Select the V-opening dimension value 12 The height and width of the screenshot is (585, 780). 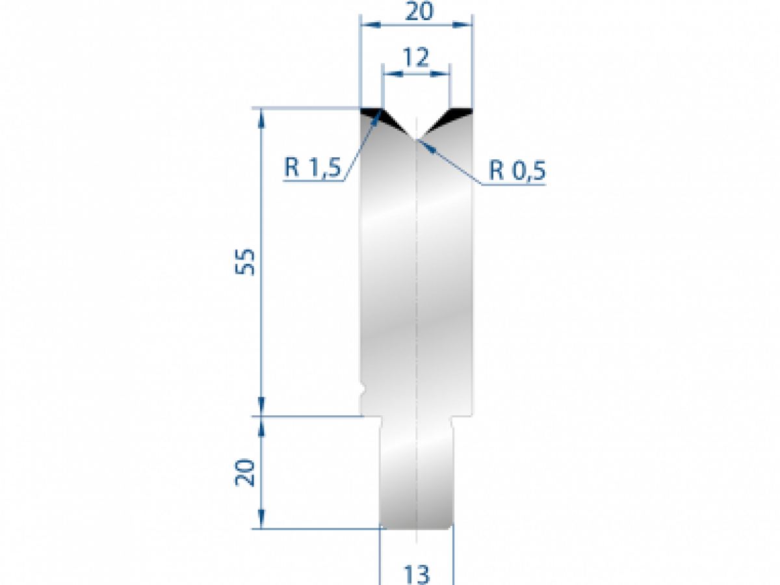click(x=416, y=58)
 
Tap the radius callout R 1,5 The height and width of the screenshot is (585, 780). click(x=313, y=169)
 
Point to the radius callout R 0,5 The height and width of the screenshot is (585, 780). click(x=517, y=171)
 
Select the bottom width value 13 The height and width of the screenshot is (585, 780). click(x=416, y=573)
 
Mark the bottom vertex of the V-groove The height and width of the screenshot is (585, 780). click(x=416, y=138)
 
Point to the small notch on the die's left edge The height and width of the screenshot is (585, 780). click(x=363, y=391)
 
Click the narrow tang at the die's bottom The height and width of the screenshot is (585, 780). click(x=416, y=474)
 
